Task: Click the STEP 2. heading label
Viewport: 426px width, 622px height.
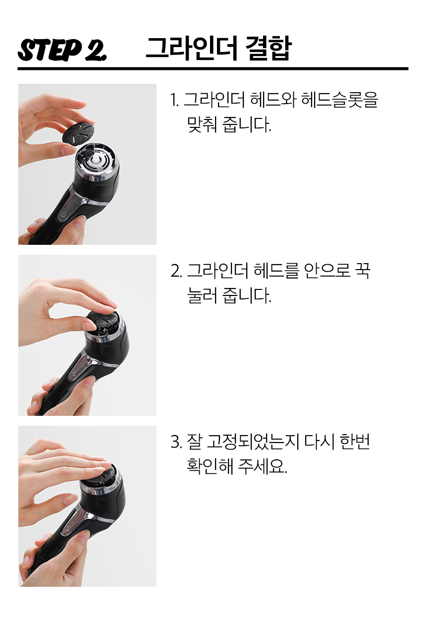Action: (62, 50)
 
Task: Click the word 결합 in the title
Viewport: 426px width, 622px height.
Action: (268, 48)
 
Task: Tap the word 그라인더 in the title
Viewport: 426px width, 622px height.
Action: (192, 48)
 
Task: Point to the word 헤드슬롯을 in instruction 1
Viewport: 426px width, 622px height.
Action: (340, 100)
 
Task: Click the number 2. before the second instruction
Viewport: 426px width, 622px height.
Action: (176, 271)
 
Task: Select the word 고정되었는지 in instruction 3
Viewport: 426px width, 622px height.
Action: (253, 442)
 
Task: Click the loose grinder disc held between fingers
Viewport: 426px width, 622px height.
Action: (79, 133)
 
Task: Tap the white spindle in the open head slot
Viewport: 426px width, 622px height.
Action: (95, 161)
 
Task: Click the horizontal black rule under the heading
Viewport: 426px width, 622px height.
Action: (213, 68)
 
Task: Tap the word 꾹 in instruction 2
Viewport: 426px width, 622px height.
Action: (363, 271)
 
